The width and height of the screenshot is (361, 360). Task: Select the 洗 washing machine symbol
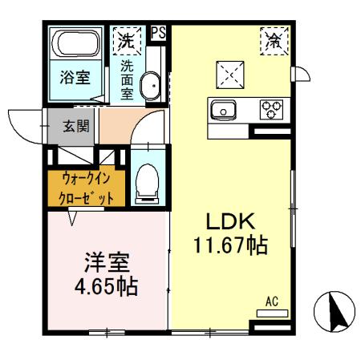(x=126, y=38)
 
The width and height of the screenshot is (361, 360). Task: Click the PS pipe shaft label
(x=158, y=34)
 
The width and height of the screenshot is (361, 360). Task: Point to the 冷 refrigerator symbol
(x=274, y=38)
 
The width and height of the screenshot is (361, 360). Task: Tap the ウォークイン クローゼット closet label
(x=85, y=187)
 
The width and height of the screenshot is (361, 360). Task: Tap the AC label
(x=271, y=302)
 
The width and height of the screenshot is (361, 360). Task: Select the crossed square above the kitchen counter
(x=229, y=75)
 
